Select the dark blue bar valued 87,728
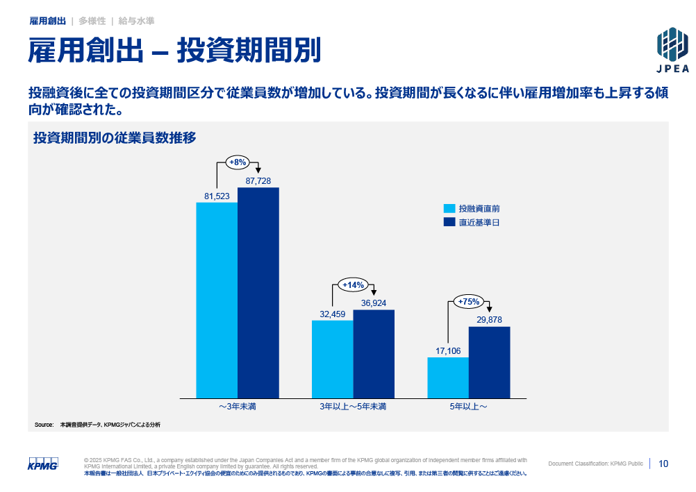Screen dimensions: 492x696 (x=258, y=292)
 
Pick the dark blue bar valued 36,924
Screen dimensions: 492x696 (x=374, y=353)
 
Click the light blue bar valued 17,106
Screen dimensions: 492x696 (x=448, y=378)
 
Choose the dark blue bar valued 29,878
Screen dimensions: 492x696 (x=490, y=362)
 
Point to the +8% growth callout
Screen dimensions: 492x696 (x=238, y=162)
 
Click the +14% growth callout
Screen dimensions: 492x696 (x=354, y=285)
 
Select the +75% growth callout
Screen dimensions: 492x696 (x=469, y=301)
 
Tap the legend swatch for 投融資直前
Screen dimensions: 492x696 (x=449, y=208)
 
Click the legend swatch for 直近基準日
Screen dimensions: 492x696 (x=449, y=223)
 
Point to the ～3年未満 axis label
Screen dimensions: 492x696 (x=238, y=407)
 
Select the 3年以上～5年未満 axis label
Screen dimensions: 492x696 (x=353, y=407)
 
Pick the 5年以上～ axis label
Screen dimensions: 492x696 (x=468, y=407)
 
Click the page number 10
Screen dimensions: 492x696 (x=663, y=464)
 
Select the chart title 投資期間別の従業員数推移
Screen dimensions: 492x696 (x=115, y=138)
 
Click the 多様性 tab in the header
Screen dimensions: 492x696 (x=92, y=21)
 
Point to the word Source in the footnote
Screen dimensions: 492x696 (x=44, y=424)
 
